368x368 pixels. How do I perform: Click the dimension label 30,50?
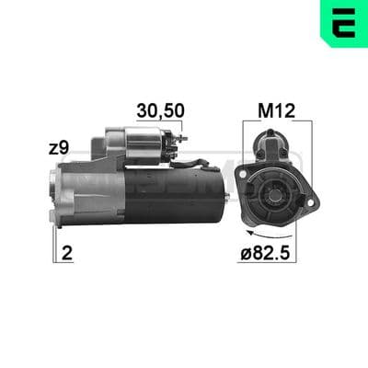point(160,110)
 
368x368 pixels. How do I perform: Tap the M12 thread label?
point(276,110)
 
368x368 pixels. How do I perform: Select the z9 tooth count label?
point(59,148)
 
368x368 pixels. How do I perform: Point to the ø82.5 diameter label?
point(265,253)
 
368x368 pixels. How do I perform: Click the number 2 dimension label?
point(67,253)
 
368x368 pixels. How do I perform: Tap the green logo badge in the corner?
point(344,24)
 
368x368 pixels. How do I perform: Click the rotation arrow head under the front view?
point(251,233)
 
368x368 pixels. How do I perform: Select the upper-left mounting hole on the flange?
point(243,175)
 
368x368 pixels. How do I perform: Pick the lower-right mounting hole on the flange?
point(311,202)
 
